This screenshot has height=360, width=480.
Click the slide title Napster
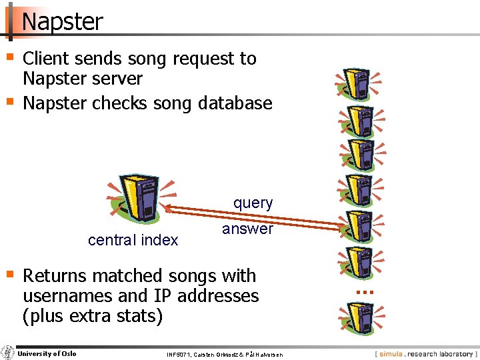click(63, 21)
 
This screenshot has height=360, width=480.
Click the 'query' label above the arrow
click(253, 203)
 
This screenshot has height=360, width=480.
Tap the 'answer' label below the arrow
click(247, 229)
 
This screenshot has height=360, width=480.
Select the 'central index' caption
click(133, 240)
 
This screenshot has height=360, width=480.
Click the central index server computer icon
click(139, 198)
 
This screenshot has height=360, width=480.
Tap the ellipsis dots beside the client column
click(364, 292)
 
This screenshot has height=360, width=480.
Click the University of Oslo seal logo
click(8, 353)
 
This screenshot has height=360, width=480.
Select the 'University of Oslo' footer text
click(47, 353)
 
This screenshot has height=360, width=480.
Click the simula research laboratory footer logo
click(425, 354)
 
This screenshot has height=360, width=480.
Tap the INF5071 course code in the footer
click(179, 355)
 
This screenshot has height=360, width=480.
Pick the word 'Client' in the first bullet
click(49, 59)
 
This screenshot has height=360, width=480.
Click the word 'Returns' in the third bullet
click(55, 275)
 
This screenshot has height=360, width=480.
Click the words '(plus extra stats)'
click(93, 315)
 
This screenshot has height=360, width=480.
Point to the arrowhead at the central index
click(168, 208)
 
